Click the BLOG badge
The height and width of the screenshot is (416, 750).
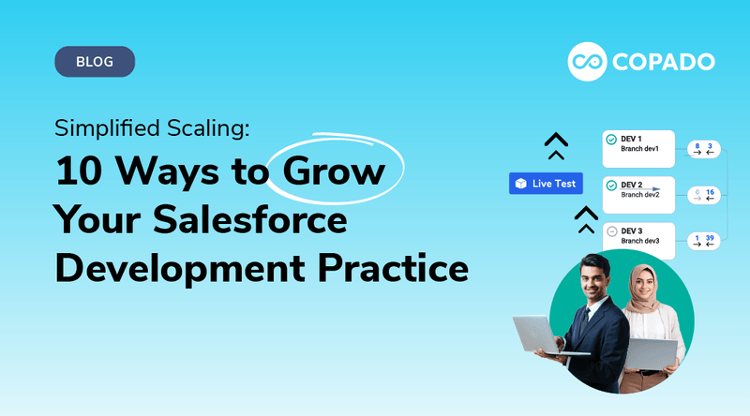tap(95, 62)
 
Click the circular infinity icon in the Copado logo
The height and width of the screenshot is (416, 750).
tap(587, 62)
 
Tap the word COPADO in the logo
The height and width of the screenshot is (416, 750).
tap(666, 63)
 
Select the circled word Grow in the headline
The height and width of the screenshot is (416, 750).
tap(335, 173)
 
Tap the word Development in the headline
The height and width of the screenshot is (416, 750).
tap(165, 269)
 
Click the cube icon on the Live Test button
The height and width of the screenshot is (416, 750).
tap(521, 184)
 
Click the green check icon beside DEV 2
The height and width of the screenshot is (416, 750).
tap(611, 186)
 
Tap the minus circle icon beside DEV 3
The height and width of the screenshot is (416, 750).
tap(611, 230)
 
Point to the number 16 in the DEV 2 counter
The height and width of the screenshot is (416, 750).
tap(710, 192)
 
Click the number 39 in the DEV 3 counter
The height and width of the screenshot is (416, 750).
tap(710, 237)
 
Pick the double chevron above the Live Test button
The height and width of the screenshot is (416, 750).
tap(557, 145)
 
